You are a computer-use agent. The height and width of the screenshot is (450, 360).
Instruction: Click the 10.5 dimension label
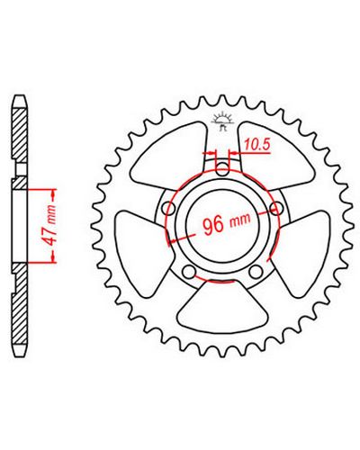(x=257, y=145)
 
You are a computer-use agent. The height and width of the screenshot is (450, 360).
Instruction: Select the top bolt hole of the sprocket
(x=222, y=169)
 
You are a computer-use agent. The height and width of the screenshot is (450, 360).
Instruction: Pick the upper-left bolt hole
(x=168, y=208)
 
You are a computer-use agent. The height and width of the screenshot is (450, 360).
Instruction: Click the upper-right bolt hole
(x=276, y=208)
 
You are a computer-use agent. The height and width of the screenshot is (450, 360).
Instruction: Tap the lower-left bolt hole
(x=189, y=272)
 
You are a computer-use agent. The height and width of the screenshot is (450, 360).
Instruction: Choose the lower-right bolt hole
(x=256, y=272)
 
